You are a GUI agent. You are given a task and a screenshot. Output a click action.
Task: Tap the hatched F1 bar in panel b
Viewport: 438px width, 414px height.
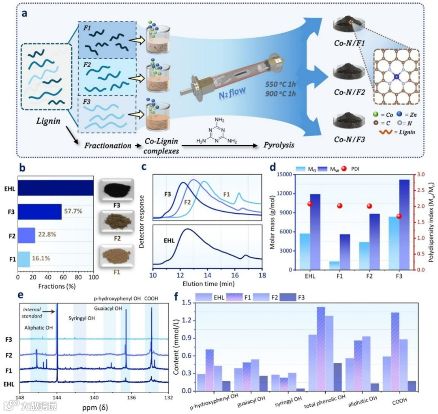click(24, 259)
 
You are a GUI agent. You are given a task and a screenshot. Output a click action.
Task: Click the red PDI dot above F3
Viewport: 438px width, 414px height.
click(388, 216)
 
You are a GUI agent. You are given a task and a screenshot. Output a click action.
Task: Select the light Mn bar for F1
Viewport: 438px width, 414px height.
click(334, 266)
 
